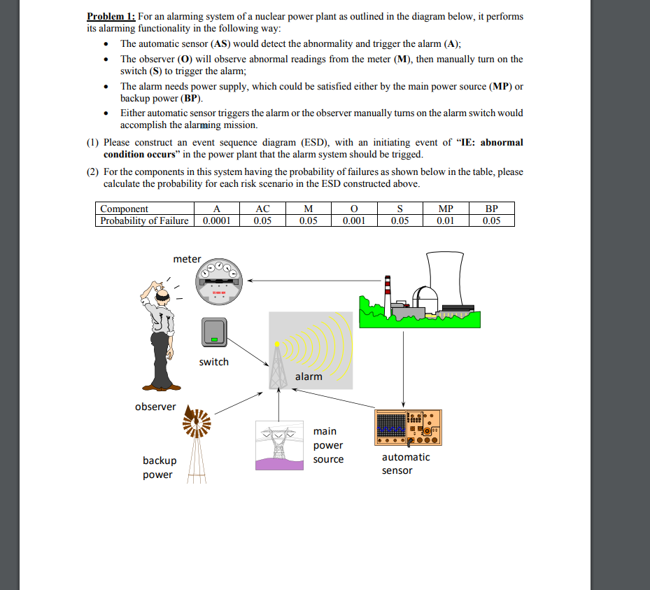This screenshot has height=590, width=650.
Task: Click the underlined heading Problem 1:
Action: pos(111,17)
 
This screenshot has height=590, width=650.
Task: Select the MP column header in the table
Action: pos(446,209)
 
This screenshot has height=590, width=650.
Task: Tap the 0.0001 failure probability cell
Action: pos(216,220)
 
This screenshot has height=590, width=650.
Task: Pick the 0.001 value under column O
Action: pos(354,220)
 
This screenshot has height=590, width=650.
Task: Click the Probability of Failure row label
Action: pos(144,220)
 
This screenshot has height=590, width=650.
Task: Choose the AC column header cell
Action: pos(262,209)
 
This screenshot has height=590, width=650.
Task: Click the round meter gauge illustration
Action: pos(218,282)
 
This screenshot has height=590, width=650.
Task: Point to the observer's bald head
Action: pos(162,295)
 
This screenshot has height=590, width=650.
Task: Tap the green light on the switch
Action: pos(214,339)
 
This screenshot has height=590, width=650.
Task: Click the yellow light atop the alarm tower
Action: pos(277,344)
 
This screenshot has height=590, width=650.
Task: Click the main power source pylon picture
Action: pos(279,445)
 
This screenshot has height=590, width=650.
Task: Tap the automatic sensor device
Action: pos(408,428)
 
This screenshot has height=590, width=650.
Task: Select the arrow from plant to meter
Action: pos(314,281)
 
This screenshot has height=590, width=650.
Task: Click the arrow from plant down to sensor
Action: pos(403,369)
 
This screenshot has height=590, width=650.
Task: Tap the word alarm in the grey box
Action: pos(309,377)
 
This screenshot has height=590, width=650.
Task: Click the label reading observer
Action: pos(155,407)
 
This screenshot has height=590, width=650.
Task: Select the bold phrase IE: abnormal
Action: pos(492,143)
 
